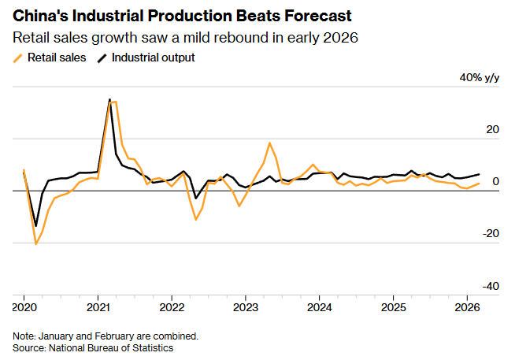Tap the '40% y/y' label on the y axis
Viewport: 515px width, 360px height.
[479, 78]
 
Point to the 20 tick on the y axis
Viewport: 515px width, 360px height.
[491, 130]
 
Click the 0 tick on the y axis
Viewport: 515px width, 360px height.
[495, 182]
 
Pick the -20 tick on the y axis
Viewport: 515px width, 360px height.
[489, 234]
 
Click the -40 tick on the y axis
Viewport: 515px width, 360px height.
[489, 286]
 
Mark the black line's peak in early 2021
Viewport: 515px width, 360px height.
[109, 99]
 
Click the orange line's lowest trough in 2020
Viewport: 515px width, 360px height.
[36, 244]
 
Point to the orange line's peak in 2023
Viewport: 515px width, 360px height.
[270, 143]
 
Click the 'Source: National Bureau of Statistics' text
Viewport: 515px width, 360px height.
[93, 347]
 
